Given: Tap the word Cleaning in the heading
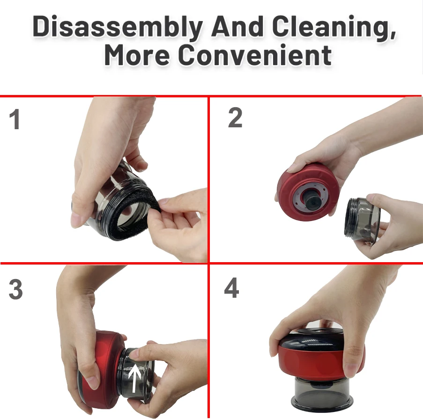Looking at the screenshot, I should tap(332, 27).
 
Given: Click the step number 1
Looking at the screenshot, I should tap(15, 120).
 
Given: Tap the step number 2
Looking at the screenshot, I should tap(235, 118).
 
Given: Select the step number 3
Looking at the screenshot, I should tap(15, 291).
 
